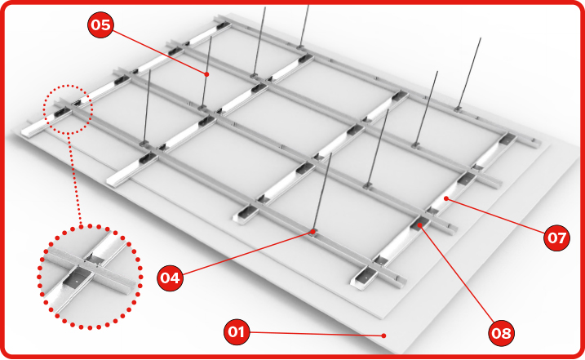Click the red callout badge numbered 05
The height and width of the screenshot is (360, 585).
click(100, 24)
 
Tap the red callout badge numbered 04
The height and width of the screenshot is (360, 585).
click(171, 278)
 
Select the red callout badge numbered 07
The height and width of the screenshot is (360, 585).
click(556, 238)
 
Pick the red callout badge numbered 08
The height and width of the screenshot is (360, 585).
click(501, 332)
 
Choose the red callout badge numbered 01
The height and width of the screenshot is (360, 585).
click(237, 331)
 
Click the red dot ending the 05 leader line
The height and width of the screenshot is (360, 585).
click(206, 74)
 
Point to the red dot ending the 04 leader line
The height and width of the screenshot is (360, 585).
click(312, 232)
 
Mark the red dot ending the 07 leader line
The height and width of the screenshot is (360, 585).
click(445, 199)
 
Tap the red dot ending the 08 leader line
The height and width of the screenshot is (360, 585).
click(420, 224)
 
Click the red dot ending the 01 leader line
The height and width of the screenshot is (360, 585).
click(384, 336)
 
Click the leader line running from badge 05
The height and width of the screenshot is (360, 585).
click(159, 52)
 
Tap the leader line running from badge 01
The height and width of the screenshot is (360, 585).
click(317, 334)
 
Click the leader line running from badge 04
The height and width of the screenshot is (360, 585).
click(247, 253)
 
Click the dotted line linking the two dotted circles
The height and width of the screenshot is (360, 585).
click(74, 180)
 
